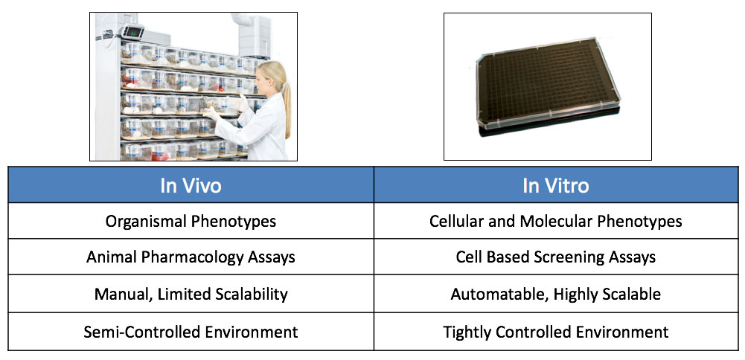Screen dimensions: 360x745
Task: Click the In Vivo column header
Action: click(x=191, y=185)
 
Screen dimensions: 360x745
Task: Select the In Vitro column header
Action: click(x=555, y=185)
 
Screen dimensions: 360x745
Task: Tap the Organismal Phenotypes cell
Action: click(x=191, y=221)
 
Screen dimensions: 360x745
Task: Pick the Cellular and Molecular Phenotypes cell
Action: click(x=555, y=221)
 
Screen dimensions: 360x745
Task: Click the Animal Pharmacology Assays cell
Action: click(x=191, y=257)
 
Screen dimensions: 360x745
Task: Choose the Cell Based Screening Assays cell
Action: click(x=555, y=257)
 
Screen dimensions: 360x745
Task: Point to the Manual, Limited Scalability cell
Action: click(x=191, y=294)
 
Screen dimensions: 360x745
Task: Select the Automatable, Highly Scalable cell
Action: click(x=555, y=294)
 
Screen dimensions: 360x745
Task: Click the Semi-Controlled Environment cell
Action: click(x=191, y=331)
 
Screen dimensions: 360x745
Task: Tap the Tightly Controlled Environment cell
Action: click(x=555, y=331)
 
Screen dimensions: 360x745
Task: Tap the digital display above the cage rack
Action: click(x=132, y=31)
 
